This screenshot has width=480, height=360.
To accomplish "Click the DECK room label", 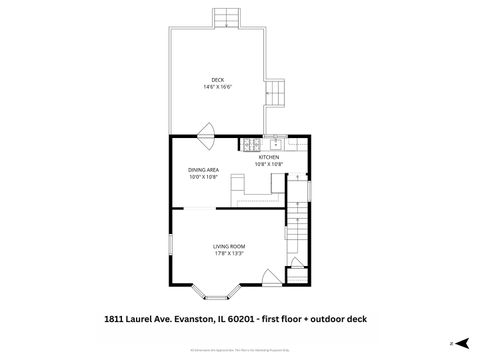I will [x=217, y=80].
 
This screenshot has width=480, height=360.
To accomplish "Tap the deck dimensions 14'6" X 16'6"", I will [x=217, y=87].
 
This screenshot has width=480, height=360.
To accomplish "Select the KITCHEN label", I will [x=269, y=157].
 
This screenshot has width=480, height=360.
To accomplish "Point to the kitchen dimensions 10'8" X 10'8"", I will [x=269, y=164].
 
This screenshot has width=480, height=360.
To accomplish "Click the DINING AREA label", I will [x=203, y=170].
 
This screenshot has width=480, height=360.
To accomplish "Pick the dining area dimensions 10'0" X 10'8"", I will [x=203, y=177].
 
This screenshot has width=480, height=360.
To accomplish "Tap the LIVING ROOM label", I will [x=229, y=246].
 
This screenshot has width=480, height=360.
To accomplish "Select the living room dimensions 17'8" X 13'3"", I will [x=229, y=253].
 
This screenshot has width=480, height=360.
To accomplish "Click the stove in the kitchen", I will [x=247, y=145].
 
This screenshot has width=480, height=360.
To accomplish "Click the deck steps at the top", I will [x=227, y=19].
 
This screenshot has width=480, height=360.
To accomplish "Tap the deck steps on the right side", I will [x=275, y=95].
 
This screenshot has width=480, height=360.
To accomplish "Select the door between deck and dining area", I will [x=207, y=131].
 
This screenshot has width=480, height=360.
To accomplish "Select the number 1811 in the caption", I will [x=117, y=318].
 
